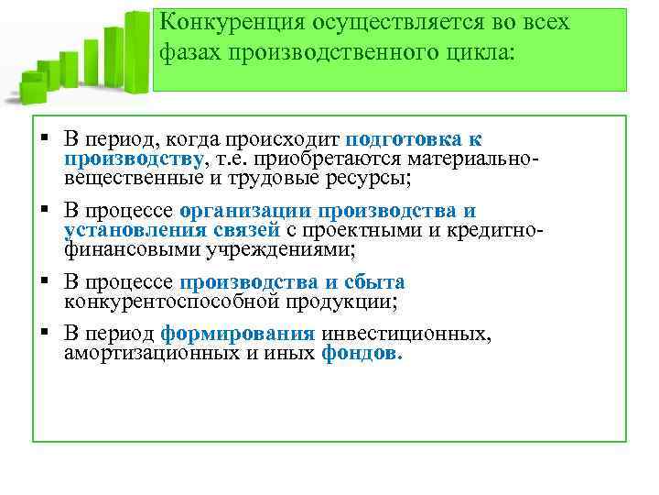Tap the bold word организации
tap(240, 210)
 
